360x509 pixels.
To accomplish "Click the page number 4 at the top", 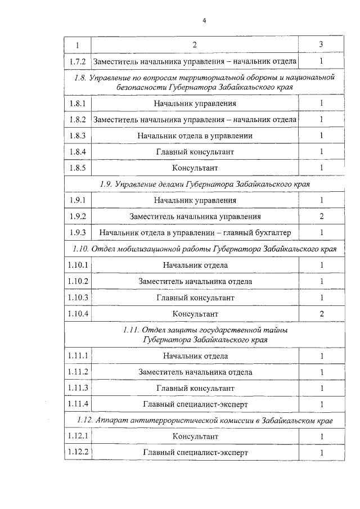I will pyautogui.click(x=205, y=21).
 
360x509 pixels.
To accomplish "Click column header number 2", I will pyautogui.click(x=195, y=44).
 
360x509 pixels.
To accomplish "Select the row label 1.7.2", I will pyautogui.click(x=76, y=61).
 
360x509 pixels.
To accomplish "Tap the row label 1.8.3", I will pyautogui.click(x=76, y=136).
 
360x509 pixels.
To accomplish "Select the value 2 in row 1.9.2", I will pyautogui.click(x=321, y=217).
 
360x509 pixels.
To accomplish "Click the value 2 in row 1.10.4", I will pyautogui.click(x=321, y=313).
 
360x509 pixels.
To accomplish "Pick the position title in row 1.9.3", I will pyautogui.click(x=195, y=233).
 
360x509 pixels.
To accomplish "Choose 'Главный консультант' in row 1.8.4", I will pyautogui.click(x=195, y=152).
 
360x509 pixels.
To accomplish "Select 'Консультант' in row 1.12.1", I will pyautogui.click(x=195, y=436).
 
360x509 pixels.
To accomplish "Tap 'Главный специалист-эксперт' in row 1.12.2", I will pyautogui.click(x=195, y=453).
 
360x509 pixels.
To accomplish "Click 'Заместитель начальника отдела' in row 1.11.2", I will pyautogui.click(x=195, y=372).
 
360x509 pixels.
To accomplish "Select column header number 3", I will pyautogui.click(x=321, y=44).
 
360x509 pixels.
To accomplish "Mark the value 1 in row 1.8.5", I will pyautogui.click(x=321, y=168).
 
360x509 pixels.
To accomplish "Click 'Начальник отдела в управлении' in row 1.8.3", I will pyautogui.click(x=195, y=136).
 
